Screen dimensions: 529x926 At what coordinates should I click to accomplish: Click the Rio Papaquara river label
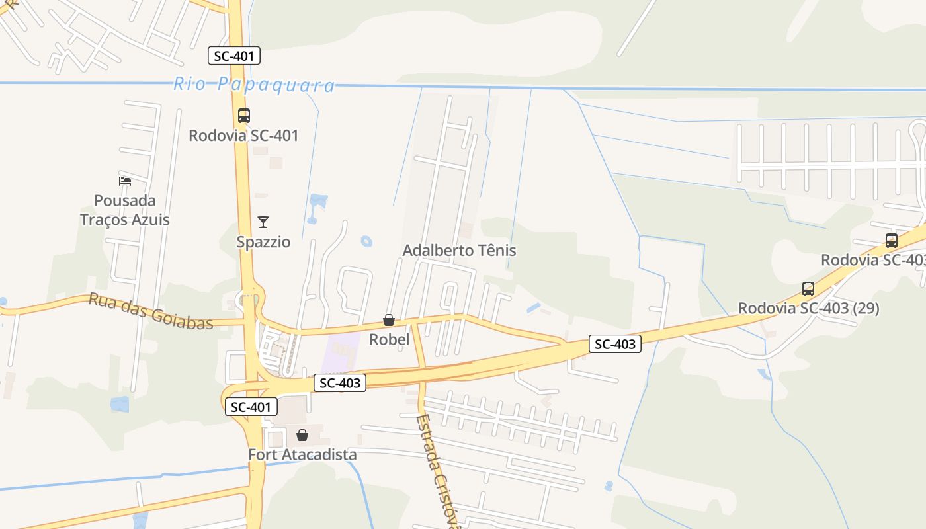pos(254,85)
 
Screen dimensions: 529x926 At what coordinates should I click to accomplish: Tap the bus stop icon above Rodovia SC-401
pos(244,116)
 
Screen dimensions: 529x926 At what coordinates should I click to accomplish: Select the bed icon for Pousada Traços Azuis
pos(125,181)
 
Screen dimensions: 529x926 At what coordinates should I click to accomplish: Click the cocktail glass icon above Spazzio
pos(263,222)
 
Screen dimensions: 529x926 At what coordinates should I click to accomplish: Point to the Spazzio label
pos(263,242)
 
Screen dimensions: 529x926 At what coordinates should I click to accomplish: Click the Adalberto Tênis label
pos(459,251)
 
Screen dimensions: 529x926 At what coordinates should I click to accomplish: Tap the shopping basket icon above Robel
pos(389,321)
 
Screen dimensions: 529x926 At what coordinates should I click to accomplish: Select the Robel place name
pos(389,340)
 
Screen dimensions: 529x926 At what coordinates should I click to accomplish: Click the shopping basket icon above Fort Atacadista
pos(302,435)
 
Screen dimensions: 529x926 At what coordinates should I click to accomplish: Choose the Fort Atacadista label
pos(302,455)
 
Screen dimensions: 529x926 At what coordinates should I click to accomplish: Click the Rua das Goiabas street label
pos(151,311)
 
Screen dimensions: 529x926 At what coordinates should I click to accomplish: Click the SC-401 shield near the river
pos(234,56)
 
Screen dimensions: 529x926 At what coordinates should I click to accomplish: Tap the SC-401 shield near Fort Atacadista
pos(251,407)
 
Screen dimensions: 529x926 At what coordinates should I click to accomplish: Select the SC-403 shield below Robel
pos(340,383)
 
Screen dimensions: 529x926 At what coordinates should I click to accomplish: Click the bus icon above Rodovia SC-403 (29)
pos(808,289)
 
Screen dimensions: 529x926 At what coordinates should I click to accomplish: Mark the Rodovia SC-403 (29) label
pos(808,308)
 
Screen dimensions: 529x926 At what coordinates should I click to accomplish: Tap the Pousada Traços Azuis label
pos(125,210)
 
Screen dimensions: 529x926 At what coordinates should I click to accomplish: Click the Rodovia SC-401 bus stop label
pos(243,136)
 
